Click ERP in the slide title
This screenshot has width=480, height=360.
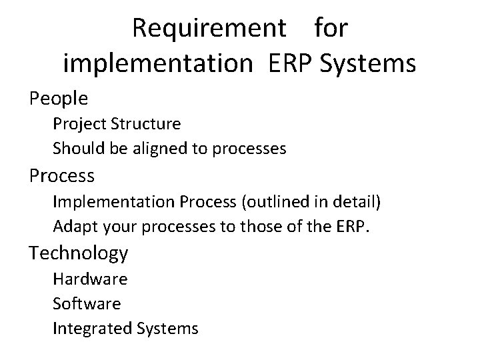(291, 64)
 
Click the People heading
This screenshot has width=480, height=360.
(59, 99)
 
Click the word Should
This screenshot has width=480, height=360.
(75, 148)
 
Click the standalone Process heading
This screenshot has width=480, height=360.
(61, 176)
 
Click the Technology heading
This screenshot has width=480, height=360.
(79, 253)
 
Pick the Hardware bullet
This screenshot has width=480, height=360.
(90, 278)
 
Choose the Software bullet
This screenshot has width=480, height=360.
(87, 303)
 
